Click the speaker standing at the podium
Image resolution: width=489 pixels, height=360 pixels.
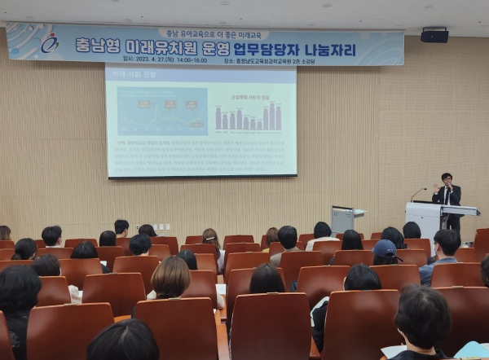coord(447,191)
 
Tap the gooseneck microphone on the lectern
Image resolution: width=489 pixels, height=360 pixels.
coord(417,194)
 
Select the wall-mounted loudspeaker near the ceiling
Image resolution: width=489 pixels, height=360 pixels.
coord(434,35)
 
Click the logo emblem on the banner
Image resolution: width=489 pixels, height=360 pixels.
coord(50,43)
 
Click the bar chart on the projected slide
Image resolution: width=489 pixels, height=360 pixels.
coord(248,117)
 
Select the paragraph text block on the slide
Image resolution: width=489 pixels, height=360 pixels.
coord(200,155)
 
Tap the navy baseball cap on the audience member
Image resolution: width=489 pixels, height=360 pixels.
coord(385,248)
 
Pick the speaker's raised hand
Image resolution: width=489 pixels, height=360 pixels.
coord(437,187)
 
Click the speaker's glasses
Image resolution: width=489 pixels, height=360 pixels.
coord(447,180)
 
